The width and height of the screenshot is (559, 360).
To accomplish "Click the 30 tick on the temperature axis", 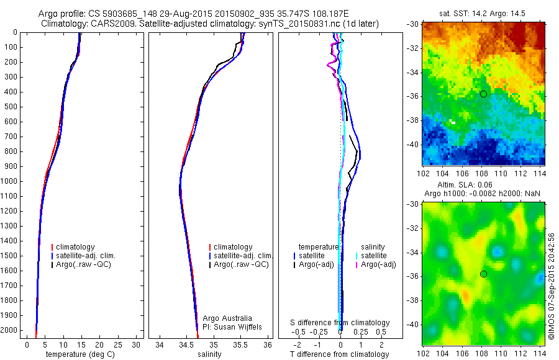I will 136,344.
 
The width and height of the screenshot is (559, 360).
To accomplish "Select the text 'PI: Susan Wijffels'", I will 233,326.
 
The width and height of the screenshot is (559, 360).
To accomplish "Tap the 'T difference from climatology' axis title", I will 340,354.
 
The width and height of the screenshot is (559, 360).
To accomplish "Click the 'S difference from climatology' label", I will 340,323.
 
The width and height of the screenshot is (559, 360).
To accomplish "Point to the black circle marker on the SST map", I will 483,94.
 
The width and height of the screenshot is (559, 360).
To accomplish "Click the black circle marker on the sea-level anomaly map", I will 483,274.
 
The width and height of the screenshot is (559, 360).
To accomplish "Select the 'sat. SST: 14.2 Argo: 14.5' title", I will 484,12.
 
